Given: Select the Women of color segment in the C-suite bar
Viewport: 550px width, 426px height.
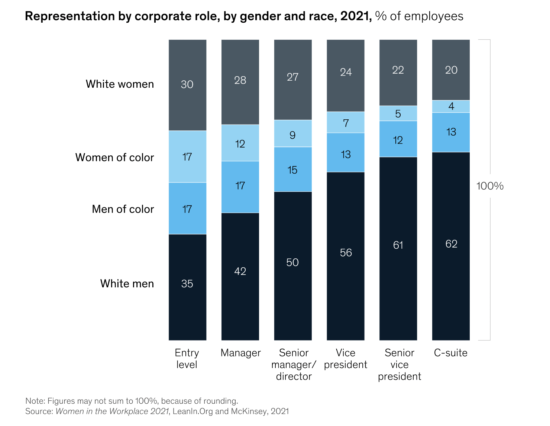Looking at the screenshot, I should (451, 106).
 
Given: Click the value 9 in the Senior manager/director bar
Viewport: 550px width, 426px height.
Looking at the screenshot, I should (292, 135).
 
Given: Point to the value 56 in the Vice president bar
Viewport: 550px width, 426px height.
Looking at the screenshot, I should (346, 253).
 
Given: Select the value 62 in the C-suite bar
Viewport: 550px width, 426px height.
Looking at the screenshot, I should (451, 244).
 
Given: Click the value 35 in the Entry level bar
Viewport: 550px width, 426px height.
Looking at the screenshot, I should (187, 284).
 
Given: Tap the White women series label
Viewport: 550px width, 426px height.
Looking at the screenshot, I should (120, 84).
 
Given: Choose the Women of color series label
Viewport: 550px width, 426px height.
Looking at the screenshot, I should (114, 157).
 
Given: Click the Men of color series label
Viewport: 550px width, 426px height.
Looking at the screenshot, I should (123, 209).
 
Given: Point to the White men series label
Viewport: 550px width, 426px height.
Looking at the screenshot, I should (127, 284).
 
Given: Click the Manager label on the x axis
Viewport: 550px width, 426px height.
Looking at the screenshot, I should (240, 353).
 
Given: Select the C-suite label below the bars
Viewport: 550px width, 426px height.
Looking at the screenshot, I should (451, 353).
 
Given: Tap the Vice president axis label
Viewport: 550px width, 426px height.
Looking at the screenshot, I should (345, 359).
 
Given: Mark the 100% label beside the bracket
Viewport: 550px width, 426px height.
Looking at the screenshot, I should (490, 186).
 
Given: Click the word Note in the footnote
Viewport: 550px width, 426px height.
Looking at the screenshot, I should (35, 401).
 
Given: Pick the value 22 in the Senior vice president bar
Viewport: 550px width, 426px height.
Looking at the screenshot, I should (398, 70).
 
